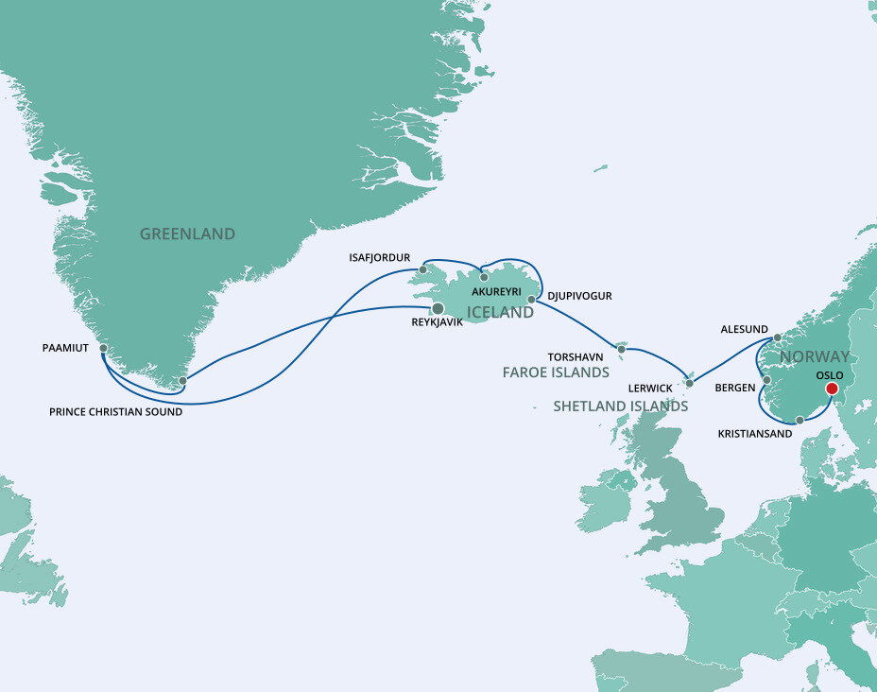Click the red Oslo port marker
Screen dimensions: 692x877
(x=832, y=388)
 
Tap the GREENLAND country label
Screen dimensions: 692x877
(x=187, y=234)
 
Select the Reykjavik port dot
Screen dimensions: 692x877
(x=438, y=308)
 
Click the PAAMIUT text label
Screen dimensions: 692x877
(x=66, y=348)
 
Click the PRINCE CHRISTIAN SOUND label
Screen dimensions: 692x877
(x=114, y=412)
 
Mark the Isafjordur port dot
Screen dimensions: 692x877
(x=423, y=268)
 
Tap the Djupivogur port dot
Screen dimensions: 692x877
(x=531, y=299)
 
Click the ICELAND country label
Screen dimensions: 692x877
(x=500, y=313)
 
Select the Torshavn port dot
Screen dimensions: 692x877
(x=621, y=349)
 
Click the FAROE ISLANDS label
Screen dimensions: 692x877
(x=555, y=373)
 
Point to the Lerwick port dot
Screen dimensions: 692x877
(x=689, y=383)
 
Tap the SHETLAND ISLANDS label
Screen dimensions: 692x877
(x=621, y=406)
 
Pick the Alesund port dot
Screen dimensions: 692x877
(x=776, y=337)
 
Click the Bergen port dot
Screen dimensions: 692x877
(x=766, y=381)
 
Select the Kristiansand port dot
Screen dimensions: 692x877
(x=800, y=419)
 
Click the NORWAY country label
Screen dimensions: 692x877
(x=815, y=357)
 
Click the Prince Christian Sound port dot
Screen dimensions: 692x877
(x=183, y=381)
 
